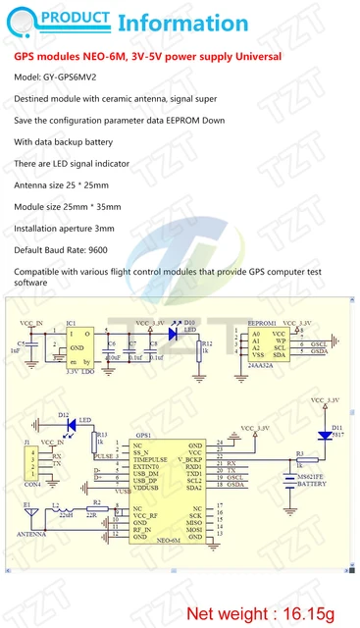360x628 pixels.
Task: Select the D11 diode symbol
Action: [x=324, y=435]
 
